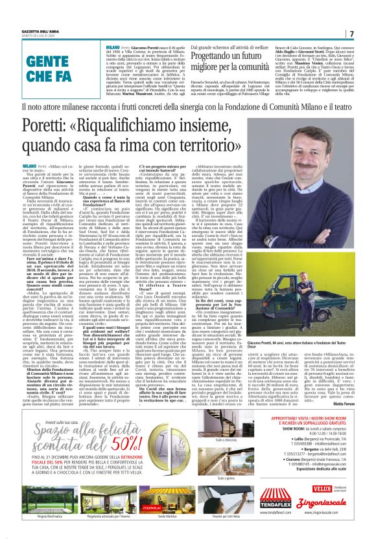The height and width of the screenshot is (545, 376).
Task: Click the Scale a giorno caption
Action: pyautogui.click(x=226, y=479)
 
